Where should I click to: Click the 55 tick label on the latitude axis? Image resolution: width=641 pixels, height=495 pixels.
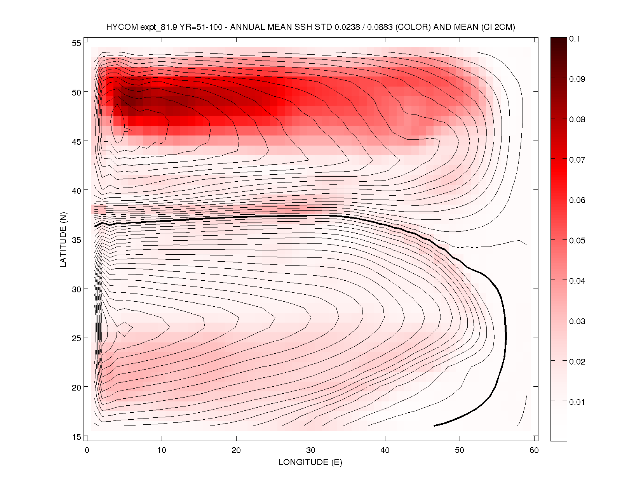[x=77, y=43]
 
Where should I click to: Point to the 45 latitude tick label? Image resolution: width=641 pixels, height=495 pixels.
[x=77, y=142]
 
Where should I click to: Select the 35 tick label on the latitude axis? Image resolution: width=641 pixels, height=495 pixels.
[x=77, y=240]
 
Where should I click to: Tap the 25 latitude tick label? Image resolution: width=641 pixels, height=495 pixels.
[x=77, y=338]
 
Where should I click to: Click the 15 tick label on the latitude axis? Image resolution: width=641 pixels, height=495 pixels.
[x=77, y=437]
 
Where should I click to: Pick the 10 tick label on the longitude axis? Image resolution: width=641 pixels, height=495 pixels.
[x=162, y=450]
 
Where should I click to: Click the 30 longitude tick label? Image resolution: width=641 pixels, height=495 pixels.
[x=311, y=450]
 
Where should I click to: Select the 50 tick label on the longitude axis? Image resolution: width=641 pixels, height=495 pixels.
[x=460, y=450]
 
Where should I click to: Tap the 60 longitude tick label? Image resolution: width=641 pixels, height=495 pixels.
[x=534, y=450]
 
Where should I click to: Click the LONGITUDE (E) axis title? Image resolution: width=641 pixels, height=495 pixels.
[x=310, y=462]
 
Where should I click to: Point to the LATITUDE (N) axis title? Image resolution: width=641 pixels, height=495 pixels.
[x=63, y=240]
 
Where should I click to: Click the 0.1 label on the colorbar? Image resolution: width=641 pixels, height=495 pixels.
[x=575, y=39]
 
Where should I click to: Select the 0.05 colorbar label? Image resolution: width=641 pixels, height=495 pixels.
[x=577, y=241]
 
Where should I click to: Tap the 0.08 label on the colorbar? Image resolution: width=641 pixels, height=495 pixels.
[x=577, y=120]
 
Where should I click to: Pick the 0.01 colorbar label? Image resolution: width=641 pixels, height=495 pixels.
[x=577, y=402]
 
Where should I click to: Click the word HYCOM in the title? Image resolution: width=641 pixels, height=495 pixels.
[x=122, y=27]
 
